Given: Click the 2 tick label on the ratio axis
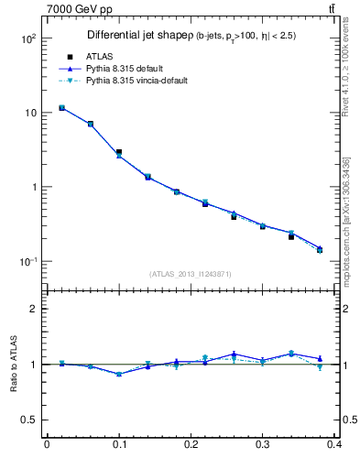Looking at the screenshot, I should pos(33,309).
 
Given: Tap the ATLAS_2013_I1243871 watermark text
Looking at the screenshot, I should pos(190,274).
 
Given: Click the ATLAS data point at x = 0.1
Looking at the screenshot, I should pos(118,152).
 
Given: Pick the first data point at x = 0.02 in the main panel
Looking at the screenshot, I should pos(61,107).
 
